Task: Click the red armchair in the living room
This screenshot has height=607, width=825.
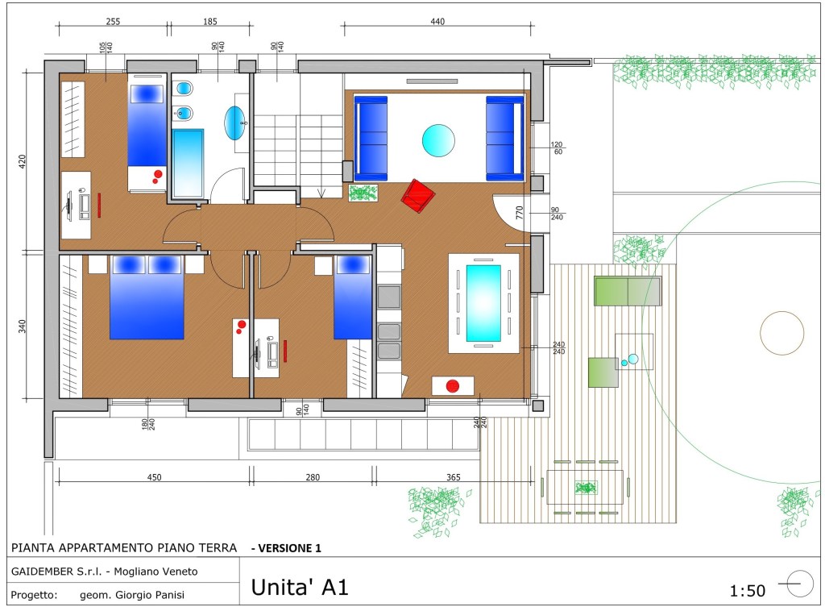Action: click(x=418, y=196)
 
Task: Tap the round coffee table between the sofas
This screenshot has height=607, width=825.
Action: click(x=438, y=140)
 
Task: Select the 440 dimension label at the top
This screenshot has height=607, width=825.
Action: click(x=437, y=22)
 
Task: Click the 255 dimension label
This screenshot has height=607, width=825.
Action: click(x=113, y=22)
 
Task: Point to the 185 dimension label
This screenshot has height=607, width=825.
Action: click(x=210, y=22)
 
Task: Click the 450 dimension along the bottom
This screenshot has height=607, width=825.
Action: click(x=154, y=477)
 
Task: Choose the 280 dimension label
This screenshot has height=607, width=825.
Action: click(x=313, y=477)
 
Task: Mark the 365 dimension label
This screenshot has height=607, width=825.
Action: click(x=453, y=477)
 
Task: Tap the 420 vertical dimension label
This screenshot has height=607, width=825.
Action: click(x=22, y=161)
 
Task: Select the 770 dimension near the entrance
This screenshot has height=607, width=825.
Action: click(x=520, y=213)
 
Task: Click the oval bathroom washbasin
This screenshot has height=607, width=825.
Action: click(x=234, y=123)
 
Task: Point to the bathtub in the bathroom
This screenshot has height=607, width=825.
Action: click(x=188, y=163)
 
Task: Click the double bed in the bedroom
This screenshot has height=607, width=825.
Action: click(x=147, y=297)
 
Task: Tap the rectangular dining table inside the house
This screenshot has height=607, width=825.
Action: click(x=483, y=303)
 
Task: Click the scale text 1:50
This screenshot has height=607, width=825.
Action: click(x=747, y=591)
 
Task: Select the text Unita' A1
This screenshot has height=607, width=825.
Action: click(x=300, y=587)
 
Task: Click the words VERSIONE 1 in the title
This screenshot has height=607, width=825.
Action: click(x=289, y=548)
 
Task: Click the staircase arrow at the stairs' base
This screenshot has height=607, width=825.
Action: click(x=321, y=193)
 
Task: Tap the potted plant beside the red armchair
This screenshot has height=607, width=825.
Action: click(x=363, y=193)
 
